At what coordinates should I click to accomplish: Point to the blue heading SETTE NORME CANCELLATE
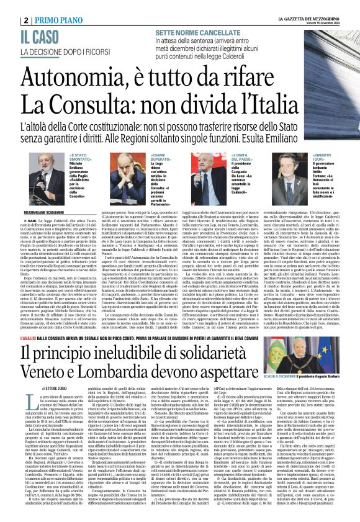point(198,30)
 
